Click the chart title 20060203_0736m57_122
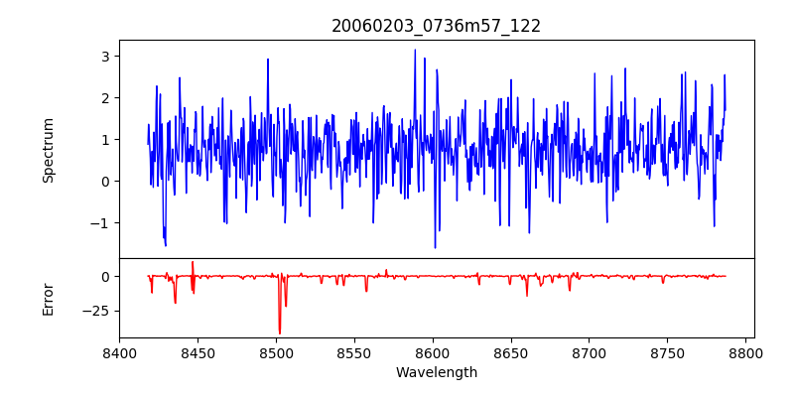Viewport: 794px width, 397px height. tap(437, 26)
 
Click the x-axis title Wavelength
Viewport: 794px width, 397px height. tap(437, 372)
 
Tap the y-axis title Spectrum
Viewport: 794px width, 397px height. tap(49, 150)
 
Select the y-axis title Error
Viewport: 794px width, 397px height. tap(49, 298)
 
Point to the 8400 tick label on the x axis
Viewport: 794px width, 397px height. tap(119, 352)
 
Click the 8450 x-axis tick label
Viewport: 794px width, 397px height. tap(198, 352)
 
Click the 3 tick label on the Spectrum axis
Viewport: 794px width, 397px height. tap(103, 57)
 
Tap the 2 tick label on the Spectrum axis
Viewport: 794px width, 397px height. tap(103, 98)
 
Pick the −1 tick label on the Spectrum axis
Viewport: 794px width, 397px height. tap(99, 223)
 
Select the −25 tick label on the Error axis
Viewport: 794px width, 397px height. tap(95, 311)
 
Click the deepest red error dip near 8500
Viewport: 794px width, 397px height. tap(280, 332)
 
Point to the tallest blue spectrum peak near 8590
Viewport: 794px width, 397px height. tap(415, 50)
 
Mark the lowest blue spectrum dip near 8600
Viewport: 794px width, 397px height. tap(435, 247)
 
